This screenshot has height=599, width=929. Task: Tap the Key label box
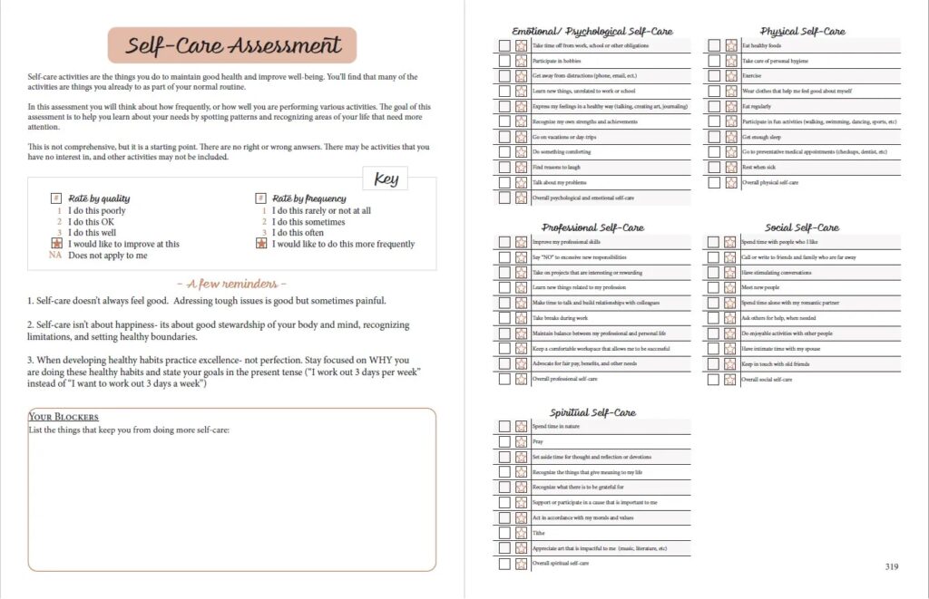pos(386,179)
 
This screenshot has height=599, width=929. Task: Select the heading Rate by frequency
pos(308,198)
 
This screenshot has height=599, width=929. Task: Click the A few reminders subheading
pos(231,284)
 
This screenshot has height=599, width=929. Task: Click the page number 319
pos(890,567)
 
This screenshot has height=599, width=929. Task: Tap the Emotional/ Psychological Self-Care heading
pos(592,31)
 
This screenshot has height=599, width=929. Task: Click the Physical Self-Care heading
pos(803,31)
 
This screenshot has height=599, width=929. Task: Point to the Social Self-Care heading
pos(803,227)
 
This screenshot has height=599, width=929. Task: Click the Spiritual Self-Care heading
pos(592,412)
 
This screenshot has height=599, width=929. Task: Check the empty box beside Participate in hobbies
pos(504,61)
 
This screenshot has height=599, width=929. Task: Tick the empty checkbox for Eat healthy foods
pos(714,45)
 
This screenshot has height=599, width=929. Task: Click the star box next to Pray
pos(522,441)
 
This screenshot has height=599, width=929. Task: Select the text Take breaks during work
pos(560,318)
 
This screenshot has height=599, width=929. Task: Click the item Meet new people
pos(761,287)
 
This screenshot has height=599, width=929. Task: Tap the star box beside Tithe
pos(522,533)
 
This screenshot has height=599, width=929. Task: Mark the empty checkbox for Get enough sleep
pos(714,137)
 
